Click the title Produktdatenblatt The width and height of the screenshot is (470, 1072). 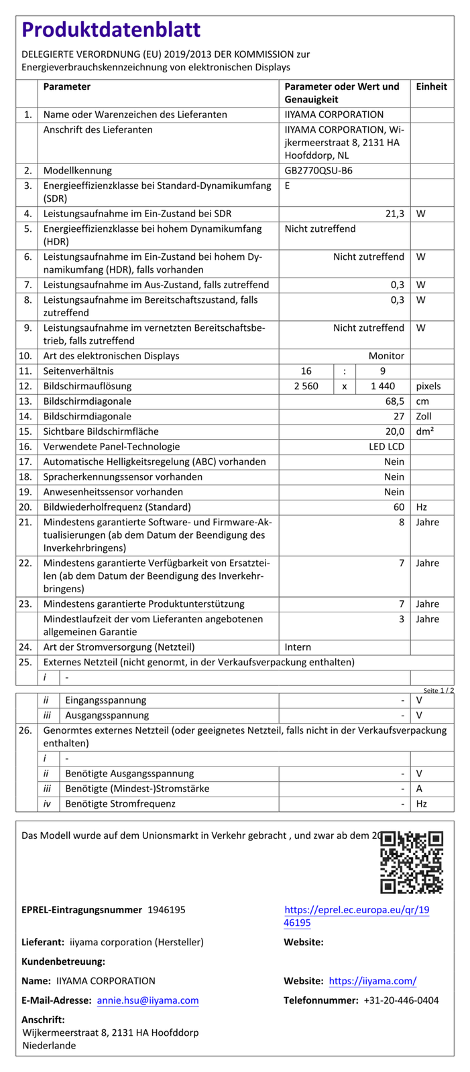tap(111, 30)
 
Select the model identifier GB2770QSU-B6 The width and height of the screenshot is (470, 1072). tap(318, 170)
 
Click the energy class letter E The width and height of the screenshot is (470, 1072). tap(288, 186)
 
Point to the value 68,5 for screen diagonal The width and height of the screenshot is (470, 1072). tap(393, 401)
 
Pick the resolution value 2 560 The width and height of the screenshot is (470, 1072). tap(306, 386)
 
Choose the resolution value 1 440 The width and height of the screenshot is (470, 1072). tap(383, 386)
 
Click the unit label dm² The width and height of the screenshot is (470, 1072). tap(424, 431)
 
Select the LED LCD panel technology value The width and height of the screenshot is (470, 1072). tap(386, 446)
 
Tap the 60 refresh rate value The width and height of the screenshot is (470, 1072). tap(399, 507)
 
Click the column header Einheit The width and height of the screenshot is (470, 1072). tap(431, 86)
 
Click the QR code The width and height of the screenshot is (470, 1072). tap(411, 862)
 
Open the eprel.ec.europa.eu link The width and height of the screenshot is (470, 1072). tap(357, 916)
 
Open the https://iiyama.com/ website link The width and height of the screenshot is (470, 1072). tap(372, 981)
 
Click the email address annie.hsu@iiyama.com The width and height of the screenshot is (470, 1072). tap(148, 1000)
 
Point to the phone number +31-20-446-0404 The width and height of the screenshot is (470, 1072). tap(401, 1000)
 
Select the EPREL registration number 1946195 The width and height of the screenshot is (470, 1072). tap(166, 909)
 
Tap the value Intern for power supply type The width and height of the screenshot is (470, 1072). tap(298, 647)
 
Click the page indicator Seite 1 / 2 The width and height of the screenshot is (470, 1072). tap(438, 690)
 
